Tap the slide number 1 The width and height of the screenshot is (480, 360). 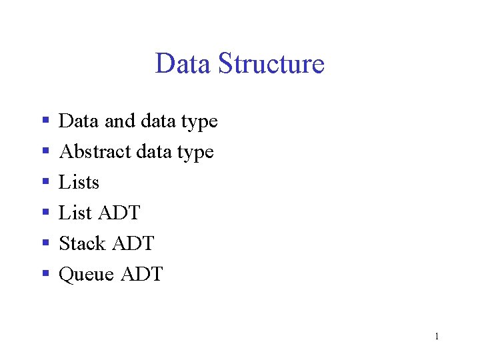click(x=437, y=337)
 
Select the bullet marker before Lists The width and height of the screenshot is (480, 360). click(x=45, y=182)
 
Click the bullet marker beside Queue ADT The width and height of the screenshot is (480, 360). click(x=45, y=274)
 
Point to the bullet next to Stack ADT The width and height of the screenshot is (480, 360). click(x=45, y=243)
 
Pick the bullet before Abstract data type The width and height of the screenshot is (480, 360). click(x=45, y=151)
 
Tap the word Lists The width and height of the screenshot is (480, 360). click(x=79, y=182)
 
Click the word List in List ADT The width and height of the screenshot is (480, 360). click(x=75, y=213)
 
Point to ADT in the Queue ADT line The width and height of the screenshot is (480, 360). click(x=141, y=274)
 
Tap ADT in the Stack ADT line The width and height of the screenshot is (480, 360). click(x=133, y=243)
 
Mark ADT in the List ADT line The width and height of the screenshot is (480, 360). click(x=119, y=213)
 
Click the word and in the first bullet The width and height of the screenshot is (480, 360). click(x=119, y=121)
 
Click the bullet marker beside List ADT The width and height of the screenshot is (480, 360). click(x=45, y=213)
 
